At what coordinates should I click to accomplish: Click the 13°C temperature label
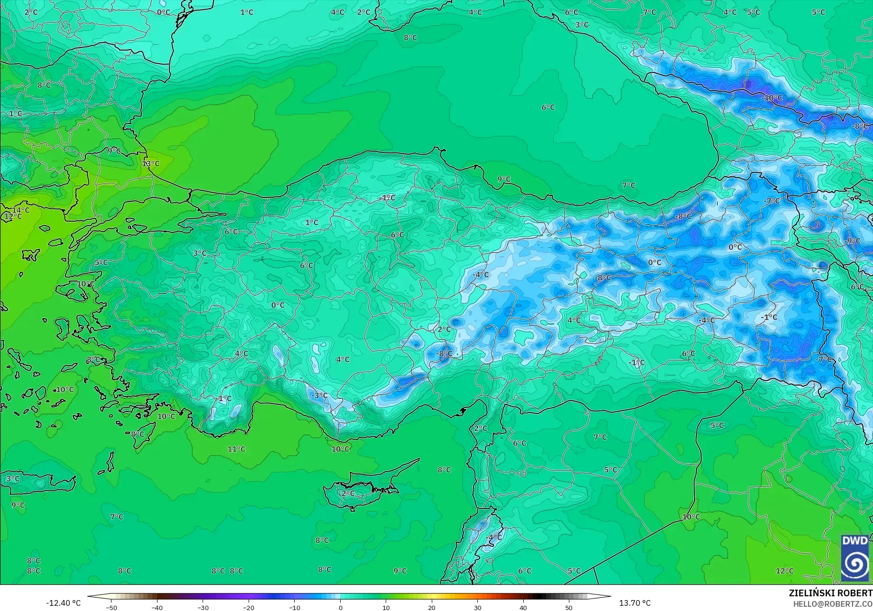pyautogui.click(x=151, y=164)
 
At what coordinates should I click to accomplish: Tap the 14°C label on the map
pyautogui.click(x=21, y=210)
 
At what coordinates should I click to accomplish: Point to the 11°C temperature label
pyautogui.click(x=236, y=449)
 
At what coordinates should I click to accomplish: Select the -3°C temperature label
pyautogui.click(x=319, y=395)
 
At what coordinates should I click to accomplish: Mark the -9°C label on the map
pyautogui.click(x=852, y=241)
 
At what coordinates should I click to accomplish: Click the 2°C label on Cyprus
pyautogui.click(x=348, y=493)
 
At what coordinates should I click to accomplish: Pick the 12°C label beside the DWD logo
pyautogui.click(x=784, y=571)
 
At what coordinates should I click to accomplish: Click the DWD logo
pyautogui.click(x=855, y=558)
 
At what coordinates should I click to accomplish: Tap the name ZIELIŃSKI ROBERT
pyautogui.click(x=830, y=593)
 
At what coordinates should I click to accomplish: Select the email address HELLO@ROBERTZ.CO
pyautogui.click(x=833, y=604)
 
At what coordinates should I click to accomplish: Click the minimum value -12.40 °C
pyautogui.click(x=64, y=603)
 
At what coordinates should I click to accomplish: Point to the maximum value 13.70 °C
pyautogui.click(x=635, y=603)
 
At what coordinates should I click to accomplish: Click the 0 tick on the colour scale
pyautogui.click(x=340, y=608)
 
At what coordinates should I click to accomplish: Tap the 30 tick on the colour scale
pyautogui.click(x=477, y=608)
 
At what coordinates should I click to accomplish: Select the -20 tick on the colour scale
pyautogui.click(x=249, y=608)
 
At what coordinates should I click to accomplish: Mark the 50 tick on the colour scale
pyautogui.click(x=569, y=608)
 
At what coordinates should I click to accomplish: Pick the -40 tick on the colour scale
pyautogui.click(x=157, y=608)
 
